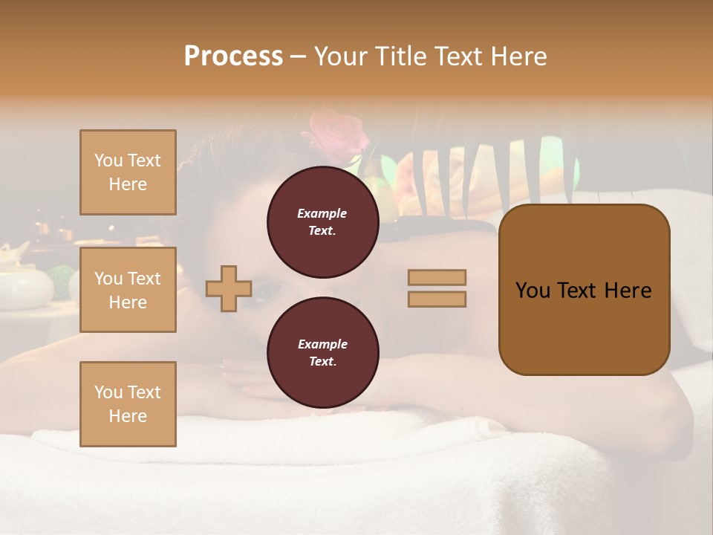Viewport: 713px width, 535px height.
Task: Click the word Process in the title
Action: coord(233,56)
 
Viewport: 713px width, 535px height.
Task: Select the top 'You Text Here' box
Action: coord(128,172)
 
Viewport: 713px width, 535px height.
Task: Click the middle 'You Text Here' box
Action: coord(128,290)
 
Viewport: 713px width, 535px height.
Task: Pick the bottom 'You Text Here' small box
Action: coord(128,404)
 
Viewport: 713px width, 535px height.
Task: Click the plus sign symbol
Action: coord(229,288)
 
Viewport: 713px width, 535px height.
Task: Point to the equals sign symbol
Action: coord(437,288)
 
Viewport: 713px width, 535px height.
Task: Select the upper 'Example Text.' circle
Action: coord(322,222)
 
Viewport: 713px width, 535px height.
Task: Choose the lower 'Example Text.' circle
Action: coord(322,353)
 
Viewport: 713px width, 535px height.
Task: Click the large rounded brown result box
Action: coord(584,290)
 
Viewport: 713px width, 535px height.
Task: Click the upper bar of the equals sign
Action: coord(437,277)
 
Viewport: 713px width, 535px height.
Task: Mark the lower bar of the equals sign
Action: coord(437,299)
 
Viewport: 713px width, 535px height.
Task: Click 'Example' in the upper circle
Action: coord(322,213)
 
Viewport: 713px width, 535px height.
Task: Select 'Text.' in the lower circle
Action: coord(322,362)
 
